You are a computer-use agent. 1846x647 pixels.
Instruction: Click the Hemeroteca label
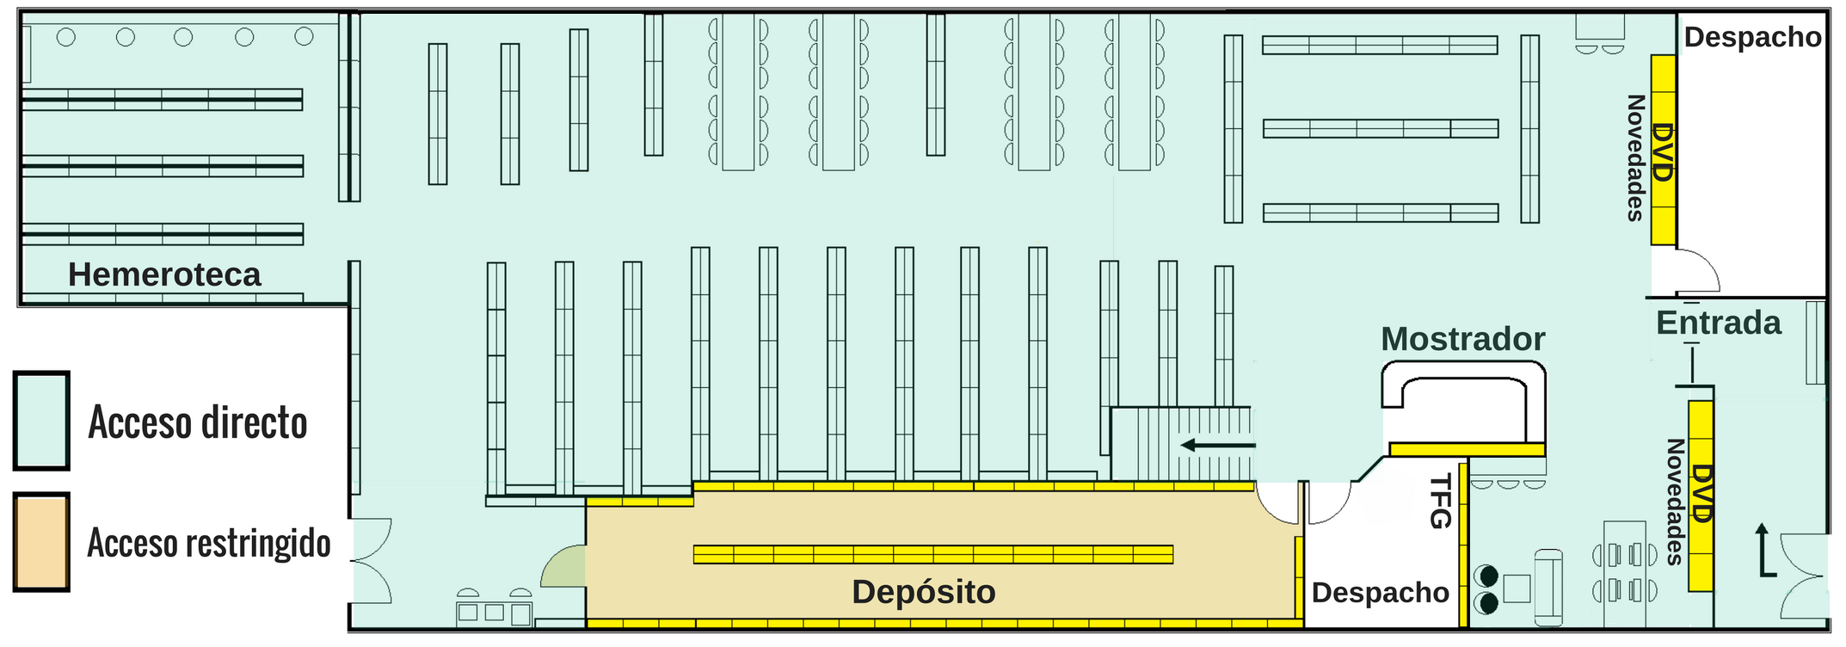coord(164,274)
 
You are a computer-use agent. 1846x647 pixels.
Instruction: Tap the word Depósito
coord(924,592)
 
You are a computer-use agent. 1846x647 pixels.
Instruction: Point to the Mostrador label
coord(1462,339)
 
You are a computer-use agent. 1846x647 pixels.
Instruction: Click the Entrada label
coord(1719,323)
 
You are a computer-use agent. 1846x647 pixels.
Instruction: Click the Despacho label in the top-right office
coord(1752,37)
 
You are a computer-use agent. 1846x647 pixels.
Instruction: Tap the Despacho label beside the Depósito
coord(1380,593)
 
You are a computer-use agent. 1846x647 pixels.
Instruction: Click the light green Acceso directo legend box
coord(41,421)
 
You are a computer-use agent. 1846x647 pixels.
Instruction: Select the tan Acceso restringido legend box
coord(41,542)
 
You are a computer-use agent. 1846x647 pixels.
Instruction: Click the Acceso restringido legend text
coord(209,543)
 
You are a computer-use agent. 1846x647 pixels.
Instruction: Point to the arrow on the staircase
coord(1217,445)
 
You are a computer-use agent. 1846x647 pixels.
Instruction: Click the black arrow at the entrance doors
coord(1763,550)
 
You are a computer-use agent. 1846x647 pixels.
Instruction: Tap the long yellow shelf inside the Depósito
coord(933,554)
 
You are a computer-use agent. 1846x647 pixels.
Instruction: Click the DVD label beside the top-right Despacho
coord(1663,152)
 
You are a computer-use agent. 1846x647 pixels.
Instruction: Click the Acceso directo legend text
coord(198,422)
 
